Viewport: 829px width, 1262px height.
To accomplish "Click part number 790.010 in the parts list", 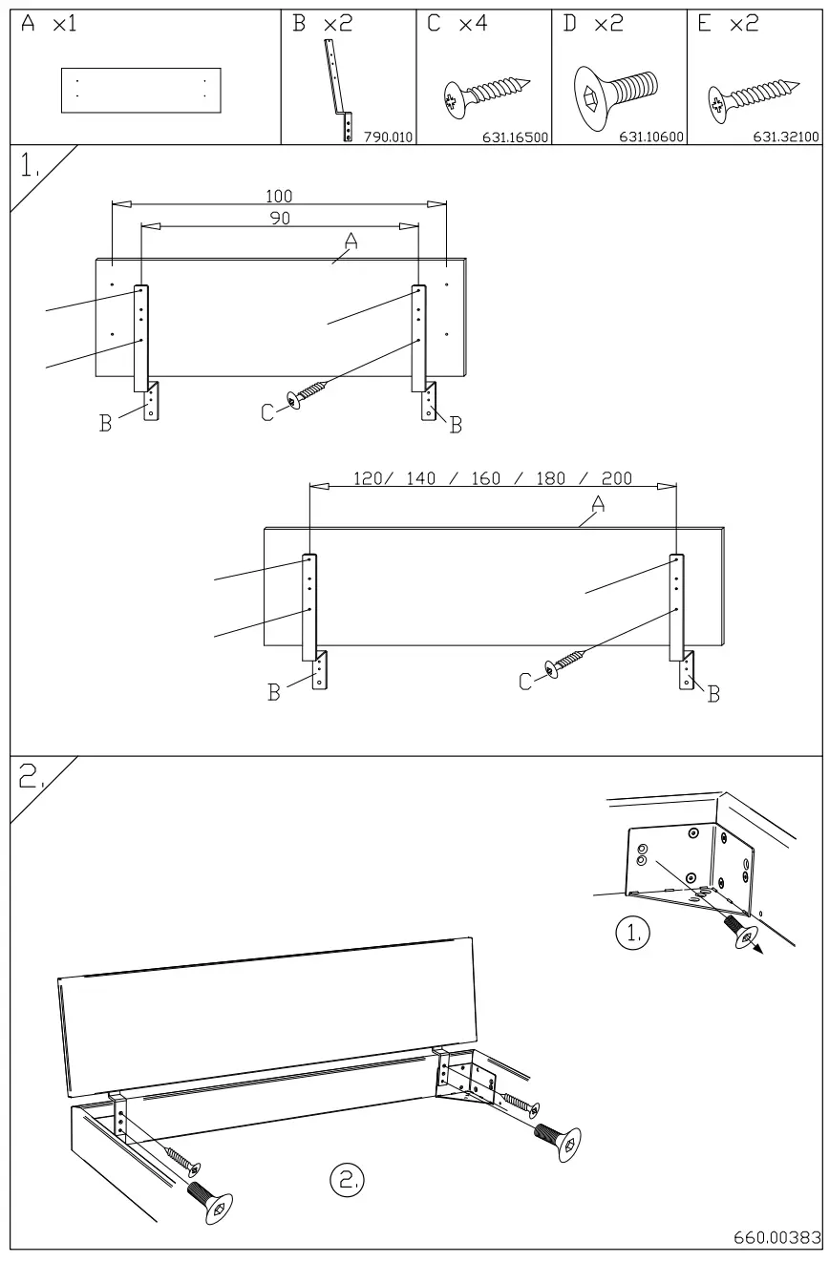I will [x=387, y=137].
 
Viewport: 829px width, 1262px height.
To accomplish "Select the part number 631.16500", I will [x=517, y=137].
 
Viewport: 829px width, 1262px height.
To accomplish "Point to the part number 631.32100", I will [x=787, y=137].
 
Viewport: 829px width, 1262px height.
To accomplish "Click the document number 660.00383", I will [x=776, y=1238].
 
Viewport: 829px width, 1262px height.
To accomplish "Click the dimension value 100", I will [x=279, y=197].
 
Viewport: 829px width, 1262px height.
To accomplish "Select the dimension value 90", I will [x=280, y=218].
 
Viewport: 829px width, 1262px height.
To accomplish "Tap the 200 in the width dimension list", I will [x=616, y=478].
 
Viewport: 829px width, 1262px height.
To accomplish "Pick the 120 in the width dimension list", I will [x=369, y=478].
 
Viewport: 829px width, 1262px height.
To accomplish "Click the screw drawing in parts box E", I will [x=751, y=97].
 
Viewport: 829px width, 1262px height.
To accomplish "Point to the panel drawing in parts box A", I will [x=140, y=91].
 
